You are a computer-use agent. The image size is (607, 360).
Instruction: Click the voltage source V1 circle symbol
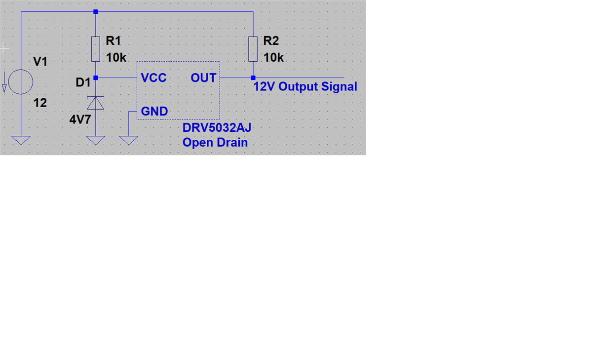point(21,81)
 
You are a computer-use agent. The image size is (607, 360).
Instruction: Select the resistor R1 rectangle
point(96,48)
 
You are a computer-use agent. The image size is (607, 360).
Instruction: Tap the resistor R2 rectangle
point(253,48)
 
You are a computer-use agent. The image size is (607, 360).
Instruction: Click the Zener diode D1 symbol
point(96,103)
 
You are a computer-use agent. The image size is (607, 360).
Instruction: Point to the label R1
point(114,41)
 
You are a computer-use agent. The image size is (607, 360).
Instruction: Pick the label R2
point(271,41)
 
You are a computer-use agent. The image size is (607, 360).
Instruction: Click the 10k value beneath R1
point(116,58)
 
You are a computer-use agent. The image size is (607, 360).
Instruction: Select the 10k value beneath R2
point(273,58)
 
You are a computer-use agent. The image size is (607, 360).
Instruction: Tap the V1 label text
point(40,62)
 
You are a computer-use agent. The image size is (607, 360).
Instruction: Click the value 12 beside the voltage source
point(40,103)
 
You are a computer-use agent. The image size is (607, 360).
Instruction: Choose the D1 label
point(83,83)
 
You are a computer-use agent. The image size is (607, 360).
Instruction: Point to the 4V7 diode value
point(80,119)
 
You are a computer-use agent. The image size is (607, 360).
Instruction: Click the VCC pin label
point(153,78)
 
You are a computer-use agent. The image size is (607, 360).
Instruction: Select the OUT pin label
point(203,78)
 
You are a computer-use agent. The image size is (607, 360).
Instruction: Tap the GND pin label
point(154,112)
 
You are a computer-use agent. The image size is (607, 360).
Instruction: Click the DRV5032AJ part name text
point(217,128)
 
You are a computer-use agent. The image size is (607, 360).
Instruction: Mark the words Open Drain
point(215,143)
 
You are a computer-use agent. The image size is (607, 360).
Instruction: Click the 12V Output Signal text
point(305,87)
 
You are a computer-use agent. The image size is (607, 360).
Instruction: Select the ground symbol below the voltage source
point(21,141)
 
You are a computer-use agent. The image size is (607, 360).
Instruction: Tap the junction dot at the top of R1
point(96,11)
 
